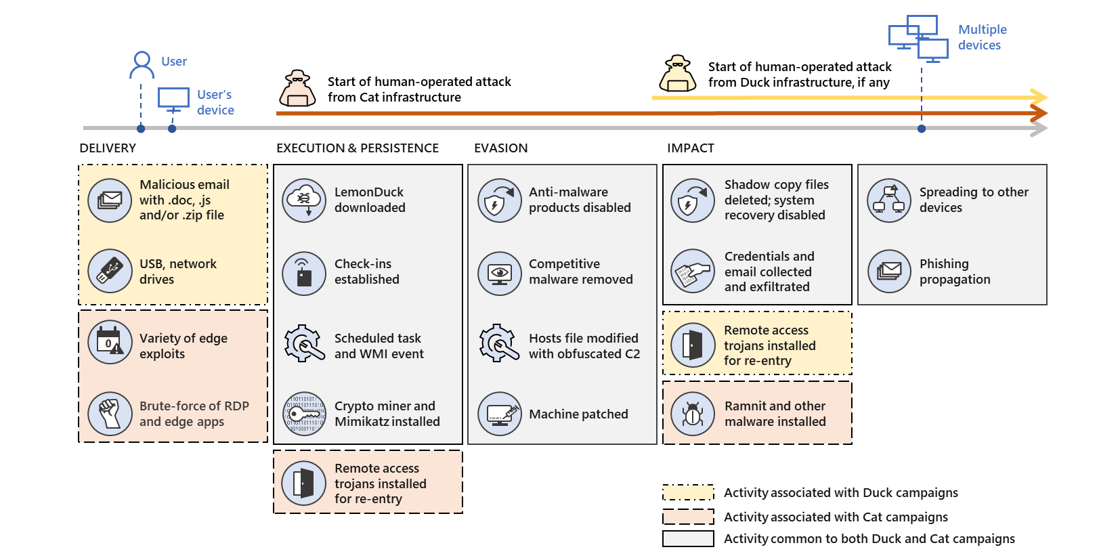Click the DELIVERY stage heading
(x=108, y=148)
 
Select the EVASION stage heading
(x=500, y=148)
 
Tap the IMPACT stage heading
(x=690, y=148)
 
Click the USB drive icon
(x=110, y=271)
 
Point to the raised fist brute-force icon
(x=110, y=413)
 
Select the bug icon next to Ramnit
(x=693, y=413)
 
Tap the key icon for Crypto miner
(x=304, y=413)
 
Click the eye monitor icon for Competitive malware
(x=500, y=273)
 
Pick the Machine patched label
(x=578, y=414)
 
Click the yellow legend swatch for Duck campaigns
(x=688, y=492)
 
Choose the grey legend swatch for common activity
(x=688, y=538)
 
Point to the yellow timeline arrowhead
(x=1039, y=97)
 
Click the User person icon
(x=142, y=64)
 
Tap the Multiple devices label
(x=982, y=37)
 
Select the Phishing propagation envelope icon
(x=889, y=272)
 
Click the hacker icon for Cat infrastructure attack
(x=297, y=89)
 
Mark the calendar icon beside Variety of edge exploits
(x=110, y=342)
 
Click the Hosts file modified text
(x=584, y=346)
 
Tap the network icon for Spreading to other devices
(x=889, y=200)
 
